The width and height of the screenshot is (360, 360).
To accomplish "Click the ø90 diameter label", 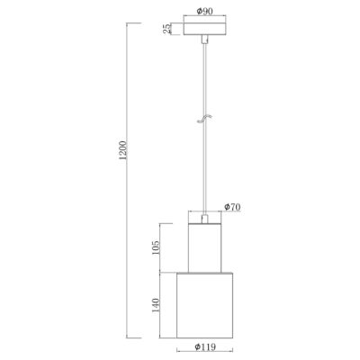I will coord(204,12).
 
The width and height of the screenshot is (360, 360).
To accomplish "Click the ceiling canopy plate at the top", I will coord(203,31).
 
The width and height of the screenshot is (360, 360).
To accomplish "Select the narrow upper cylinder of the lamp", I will coord(204,246).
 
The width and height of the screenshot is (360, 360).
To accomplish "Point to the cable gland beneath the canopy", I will coord(203,42).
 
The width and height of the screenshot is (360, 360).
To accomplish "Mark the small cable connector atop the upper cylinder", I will coord(204,219).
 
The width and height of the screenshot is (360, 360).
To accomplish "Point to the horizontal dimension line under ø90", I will coord(204,18).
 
